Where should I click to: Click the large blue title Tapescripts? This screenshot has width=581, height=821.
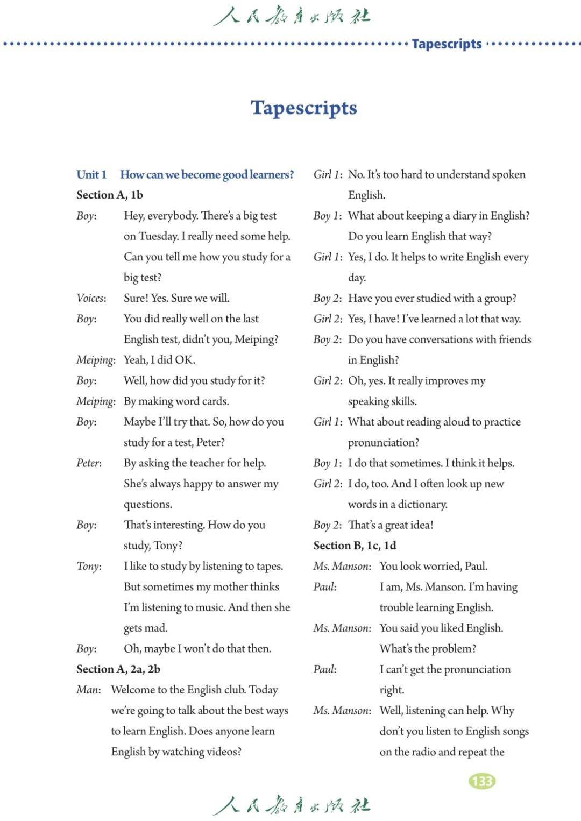tap(303, 108)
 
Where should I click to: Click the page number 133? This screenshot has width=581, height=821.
tap(482, 781)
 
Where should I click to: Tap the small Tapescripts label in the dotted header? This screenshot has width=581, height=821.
tap(447, 44)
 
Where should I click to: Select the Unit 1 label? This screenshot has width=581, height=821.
tap(91, 174)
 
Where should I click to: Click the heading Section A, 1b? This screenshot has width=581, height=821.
tap(110, 195)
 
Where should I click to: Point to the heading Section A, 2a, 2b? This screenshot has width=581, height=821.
tap(118, 669)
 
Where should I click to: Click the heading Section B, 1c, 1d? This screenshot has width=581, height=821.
tap(355, 545)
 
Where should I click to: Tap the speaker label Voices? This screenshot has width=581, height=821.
tap(91, 298)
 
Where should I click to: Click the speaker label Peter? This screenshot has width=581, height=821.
tap(89, 463)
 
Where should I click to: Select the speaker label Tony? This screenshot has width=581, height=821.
tap(89, 566)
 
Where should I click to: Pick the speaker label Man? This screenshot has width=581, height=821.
tap(88, 690)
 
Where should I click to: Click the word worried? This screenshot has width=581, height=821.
tap(438, 566)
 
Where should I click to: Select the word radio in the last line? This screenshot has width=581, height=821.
tap(423, 752)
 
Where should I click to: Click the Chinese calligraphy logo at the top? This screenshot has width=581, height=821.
tap(292, 16)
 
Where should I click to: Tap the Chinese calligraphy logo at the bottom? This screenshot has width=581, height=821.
tap(292, 805)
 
